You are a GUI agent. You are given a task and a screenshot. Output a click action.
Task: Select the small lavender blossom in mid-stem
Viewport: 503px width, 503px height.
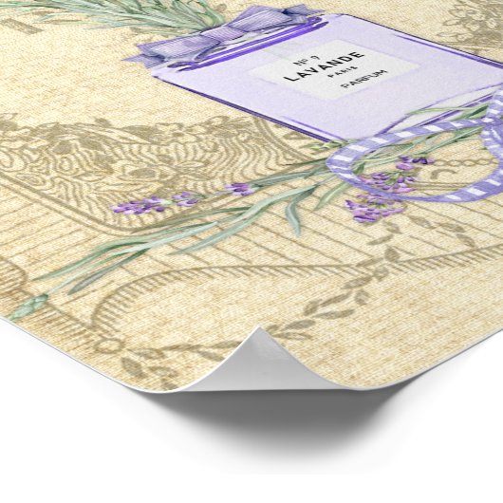pyautogui.click(x=238, y=189)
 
